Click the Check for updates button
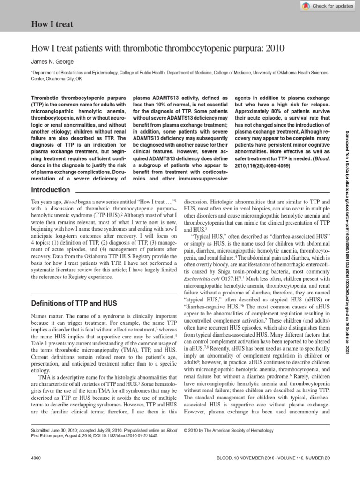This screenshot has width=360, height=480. pyautogui.click(x=328, y=6)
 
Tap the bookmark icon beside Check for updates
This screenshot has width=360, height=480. pyautogui.click(x=306, y=6)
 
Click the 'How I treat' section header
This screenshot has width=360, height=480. pyautogui.click(x=51, y=23)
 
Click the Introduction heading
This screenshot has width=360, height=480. pyautogui.click(x=50, y=190)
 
